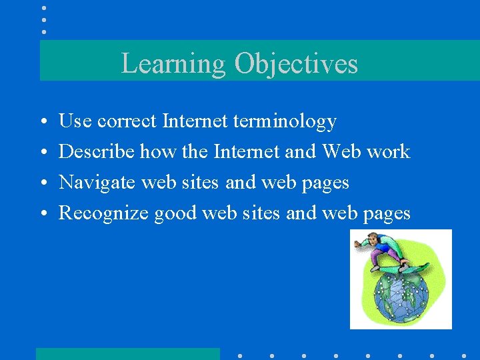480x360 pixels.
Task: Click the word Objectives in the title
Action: (296, 64)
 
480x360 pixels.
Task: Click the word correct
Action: (127, 121)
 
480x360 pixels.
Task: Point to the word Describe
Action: (96, 152)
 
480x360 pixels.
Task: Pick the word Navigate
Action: (97, 183)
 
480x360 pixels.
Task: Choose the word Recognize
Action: (103, 213)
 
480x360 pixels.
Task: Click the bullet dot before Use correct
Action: (43, 122)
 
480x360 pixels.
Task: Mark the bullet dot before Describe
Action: (43, 153)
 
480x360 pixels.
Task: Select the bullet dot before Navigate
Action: (43, 183)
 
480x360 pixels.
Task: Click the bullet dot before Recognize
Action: (43, 214)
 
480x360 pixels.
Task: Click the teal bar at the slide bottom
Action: (127, 353)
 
